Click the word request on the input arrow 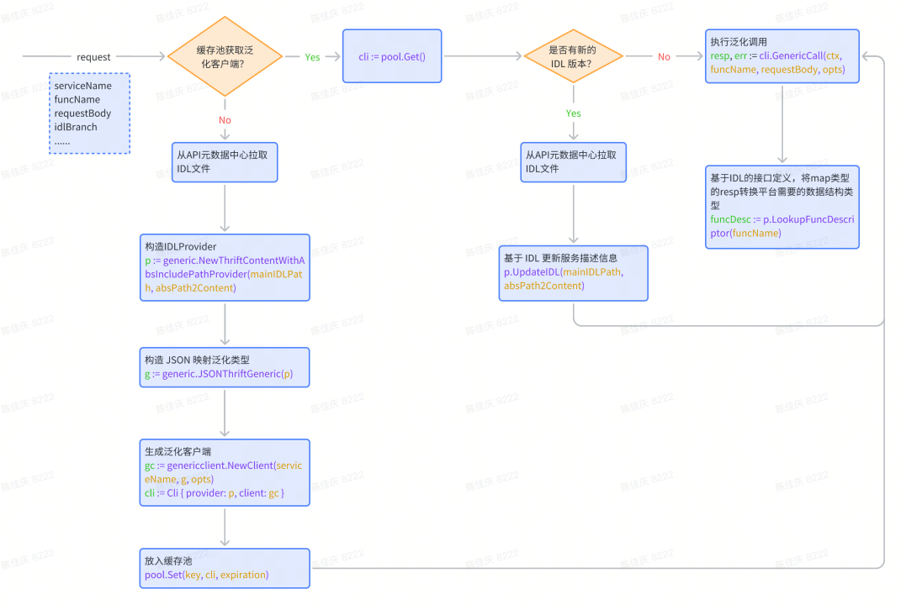[x=93, y=57]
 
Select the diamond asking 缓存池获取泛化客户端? [x=225, y=57]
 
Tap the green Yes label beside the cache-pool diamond [x=312, y=57]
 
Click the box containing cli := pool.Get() [x=392, y=56]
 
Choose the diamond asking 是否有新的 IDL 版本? [x=574, y=57]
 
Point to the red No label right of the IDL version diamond [x=664, y=57]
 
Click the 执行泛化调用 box [x=782, y=56]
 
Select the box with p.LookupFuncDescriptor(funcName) [x=782, y=207]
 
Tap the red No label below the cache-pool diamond [x=225, y=120]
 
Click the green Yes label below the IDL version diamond [x=574, y=113]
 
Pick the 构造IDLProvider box [x=225, y=267]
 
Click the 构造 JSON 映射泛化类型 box [x=225, y=367]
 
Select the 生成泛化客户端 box [x=225, y=472]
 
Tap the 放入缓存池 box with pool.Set [x=225, y=568]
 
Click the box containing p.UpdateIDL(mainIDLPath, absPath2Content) [x=574, y=273]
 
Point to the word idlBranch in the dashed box [x=76, y=127]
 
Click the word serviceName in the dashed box [x=83, y=87]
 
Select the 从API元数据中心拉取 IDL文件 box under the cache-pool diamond [x=225, y=162]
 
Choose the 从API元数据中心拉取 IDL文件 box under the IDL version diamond [x=574, y=162]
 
